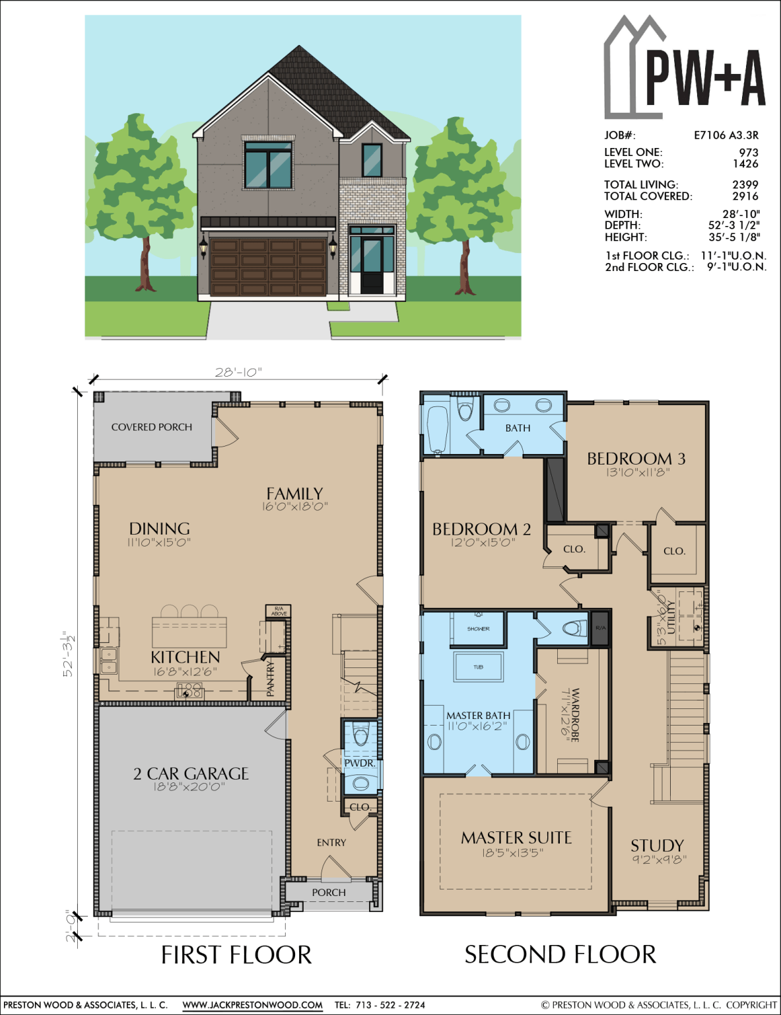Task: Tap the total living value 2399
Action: pos(745,185)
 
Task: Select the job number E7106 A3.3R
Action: pos(726,135)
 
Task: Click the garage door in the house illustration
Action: pos(268,267)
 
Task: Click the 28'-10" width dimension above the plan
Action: pos(238,372)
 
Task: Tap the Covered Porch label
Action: pos(152,428)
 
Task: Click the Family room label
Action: pos(294,494)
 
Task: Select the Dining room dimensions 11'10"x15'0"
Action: pos(159,543)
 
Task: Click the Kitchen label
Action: pos(186,657)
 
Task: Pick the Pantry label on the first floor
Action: pos(270,679)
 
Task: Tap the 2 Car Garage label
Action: pos(191,773)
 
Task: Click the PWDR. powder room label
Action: pos(360,763)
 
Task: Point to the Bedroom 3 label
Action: pos(636,458)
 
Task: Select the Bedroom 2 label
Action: pos(481,529)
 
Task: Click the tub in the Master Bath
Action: pos(478,667)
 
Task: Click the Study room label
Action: pos(657,846)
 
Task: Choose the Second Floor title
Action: pos(560,954)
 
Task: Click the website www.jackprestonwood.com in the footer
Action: pos(252,1005)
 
